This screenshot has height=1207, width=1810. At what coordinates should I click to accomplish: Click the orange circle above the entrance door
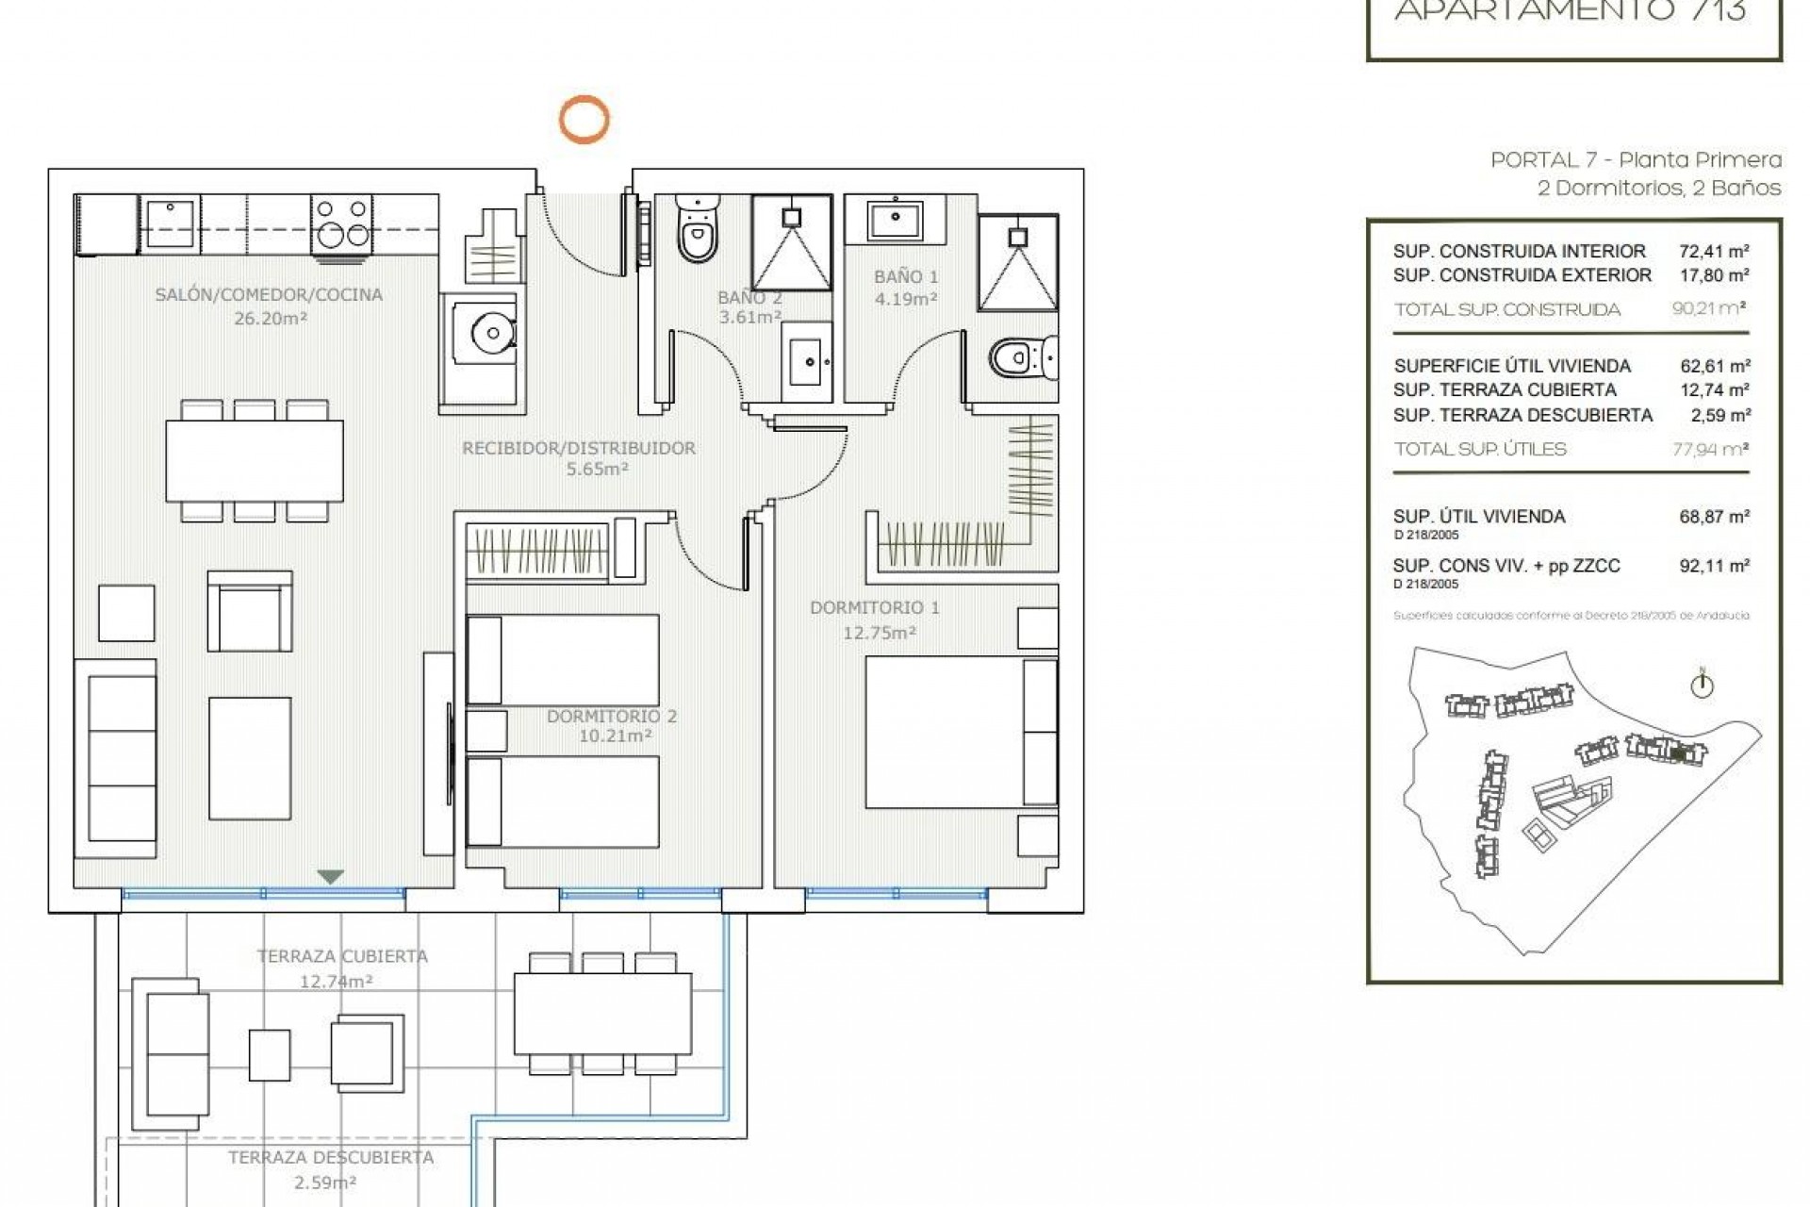(x=584, y=120)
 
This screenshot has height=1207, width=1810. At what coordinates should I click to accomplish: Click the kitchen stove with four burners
(x=341, y=223)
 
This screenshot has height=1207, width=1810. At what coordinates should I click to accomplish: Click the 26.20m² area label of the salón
(x=271, y=319)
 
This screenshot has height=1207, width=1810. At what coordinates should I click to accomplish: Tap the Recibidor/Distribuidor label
(x=579, y=449)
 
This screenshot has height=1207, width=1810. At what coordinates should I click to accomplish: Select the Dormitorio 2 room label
(x=612, y=717)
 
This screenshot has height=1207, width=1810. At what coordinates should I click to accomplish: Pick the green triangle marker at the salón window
(x=329, y=877)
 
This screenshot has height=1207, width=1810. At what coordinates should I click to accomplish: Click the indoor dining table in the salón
(x=255, y=461)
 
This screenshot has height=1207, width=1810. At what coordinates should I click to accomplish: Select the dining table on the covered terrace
(x=602, y=1014)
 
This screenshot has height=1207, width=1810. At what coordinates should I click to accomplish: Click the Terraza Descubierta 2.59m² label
(x=331, y=1169)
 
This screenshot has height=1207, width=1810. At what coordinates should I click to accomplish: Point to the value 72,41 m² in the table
(x=1714, y=252)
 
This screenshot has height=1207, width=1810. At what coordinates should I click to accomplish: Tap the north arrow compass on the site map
(x=1702, y=686)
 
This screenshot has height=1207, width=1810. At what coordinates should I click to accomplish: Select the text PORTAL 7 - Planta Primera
(x=1636, y=160)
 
